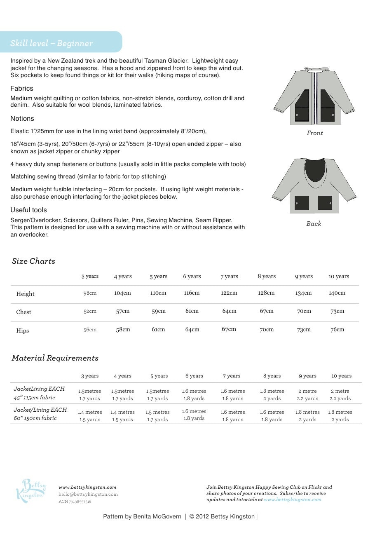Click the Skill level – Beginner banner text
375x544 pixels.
tap(52, 43)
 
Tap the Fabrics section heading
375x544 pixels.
tap(22, 88)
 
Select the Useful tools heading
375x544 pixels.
tap(28, 210)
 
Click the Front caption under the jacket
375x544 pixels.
tap(314, 133)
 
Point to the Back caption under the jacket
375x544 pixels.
tap(314, 223)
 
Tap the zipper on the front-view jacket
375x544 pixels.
tap(315, 97)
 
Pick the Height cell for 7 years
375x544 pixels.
tap(229, 293)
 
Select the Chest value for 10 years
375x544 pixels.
tap(337, 311)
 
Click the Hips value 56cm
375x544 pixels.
tap(90, 330)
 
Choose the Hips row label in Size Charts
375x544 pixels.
tap(23, 331)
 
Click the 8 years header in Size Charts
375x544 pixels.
tap(267, 276)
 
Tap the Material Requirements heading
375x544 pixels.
tap(55, 358)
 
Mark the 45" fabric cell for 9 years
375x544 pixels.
tap(307, 395)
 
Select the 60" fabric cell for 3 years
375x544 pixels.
tap(90, 415)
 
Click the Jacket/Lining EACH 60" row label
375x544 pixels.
tap(40, 414)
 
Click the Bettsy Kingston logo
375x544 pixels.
tap(31, 490)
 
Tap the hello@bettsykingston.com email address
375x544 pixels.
tap(88, 494)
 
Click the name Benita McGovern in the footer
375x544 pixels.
tap(157, 516)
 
